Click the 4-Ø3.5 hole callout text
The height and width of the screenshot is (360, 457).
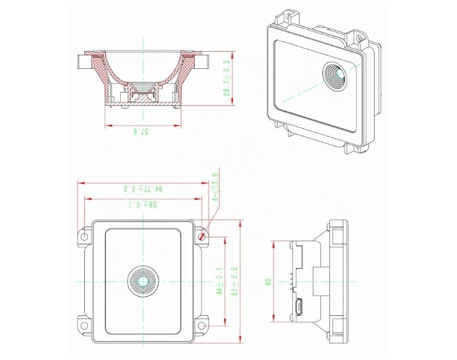(x=216, y=187)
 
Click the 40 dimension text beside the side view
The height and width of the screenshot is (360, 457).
(x=269, y=281)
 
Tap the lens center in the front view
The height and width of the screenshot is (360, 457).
(x=143, y=281)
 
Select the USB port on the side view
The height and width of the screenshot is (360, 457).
(x=297, y=310)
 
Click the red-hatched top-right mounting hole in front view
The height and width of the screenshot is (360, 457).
(x=202, y=236)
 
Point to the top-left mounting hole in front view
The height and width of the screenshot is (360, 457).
(x=84, y=236)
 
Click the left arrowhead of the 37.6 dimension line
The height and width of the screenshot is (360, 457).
(x=106, y=124)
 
